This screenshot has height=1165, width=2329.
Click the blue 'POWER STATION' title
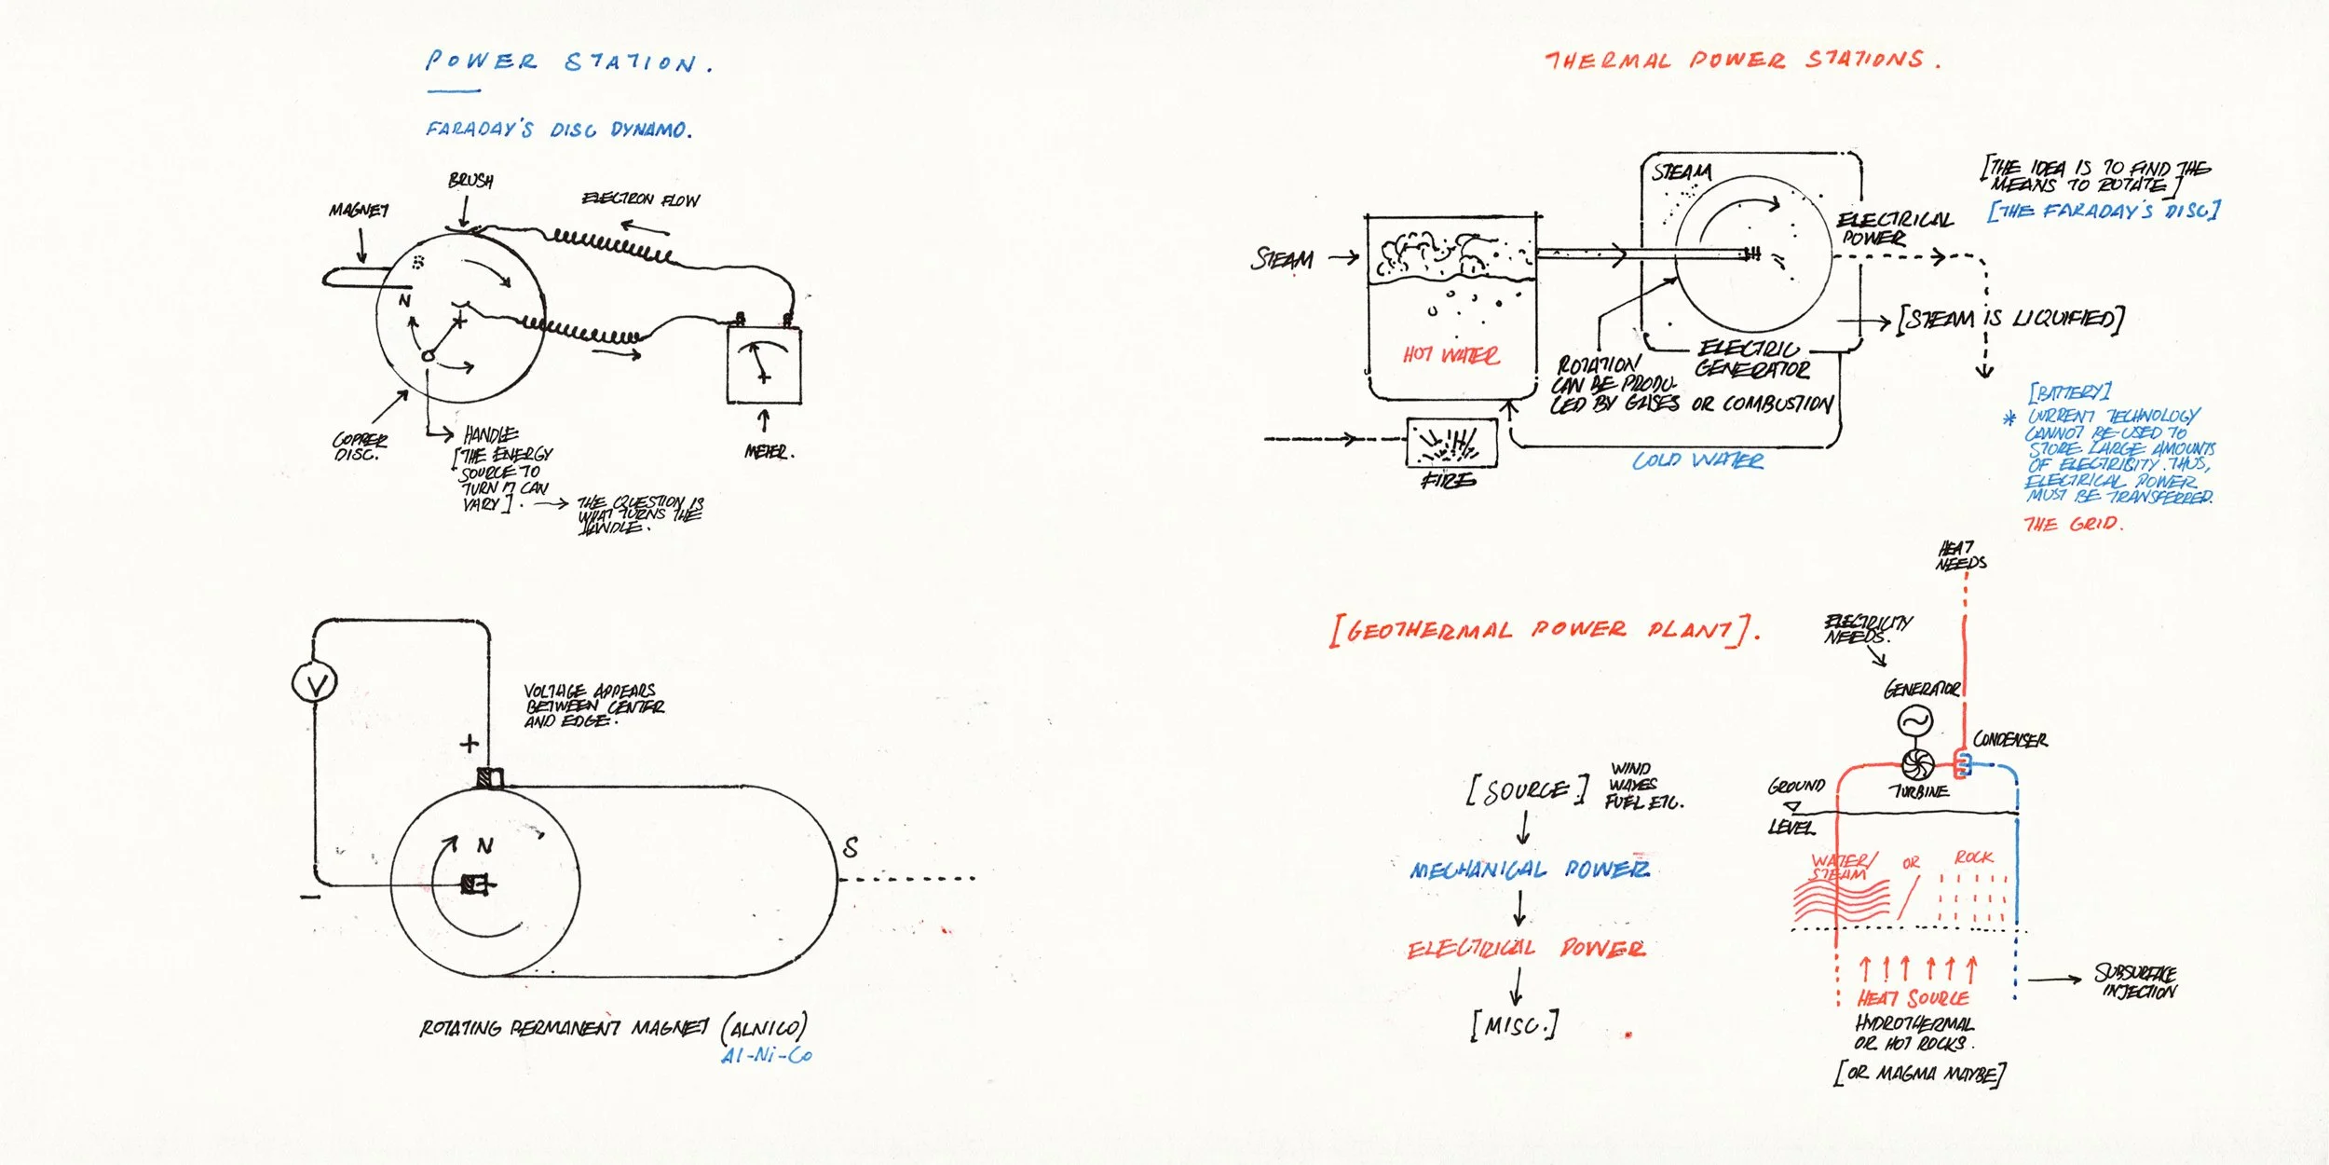568,62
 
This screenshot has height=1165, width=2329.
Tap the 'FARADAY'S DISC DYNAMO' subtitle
559,130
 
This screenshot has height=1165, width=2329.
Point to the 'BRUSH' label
470,180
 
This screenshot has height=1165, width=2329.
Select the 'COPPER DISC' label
359,446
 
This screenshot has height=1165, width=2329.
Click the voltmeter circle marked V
315,683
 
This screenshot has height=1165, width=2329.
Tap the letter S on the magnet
850,847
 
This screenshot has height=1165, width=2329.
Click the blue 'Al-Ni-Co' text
766,1055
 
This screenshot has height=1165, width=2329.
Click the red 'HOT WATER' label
1451,355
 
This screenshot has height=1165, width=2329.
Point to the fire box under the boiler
1451,443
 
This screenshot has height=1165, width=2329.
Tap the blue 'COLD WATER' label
1697,460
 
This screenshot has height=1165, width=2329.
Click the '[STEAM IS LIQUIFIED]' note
2010,319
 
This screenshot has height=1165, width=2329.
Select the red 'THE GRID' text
2073,524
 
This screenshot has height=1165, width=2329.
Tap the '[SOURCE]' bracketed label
1526,791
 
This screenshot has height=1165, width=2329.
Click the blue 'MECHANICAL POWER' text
1529,870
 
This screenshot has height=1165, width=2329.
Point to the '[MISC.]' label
1514,1026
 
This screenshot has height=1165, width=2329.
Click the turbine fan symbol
1916,764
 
